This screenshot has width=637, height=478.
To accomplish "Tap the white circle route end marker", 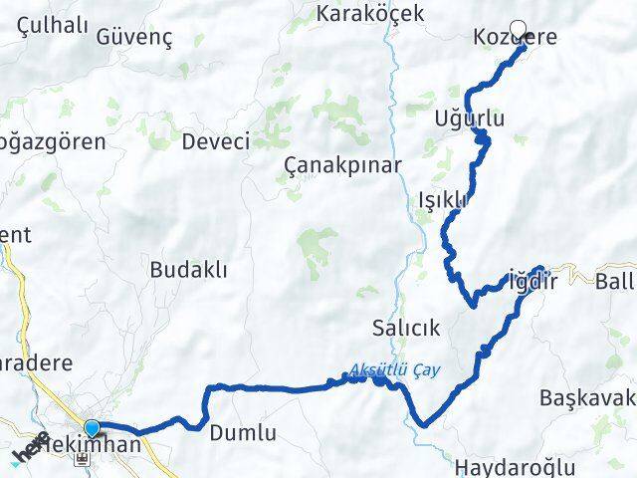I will [x=518, y=29].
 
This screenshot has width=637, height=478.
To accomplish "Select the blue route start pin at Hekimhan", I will [x=93, y=429].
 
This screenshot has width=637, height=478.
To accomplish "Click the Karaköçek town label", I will [x=369, y=13].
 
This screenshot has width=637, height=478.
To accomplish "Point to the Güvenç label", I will [x=135, y=38].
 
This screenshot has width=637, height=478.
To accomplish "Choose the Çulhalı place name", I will [x=47, y=27].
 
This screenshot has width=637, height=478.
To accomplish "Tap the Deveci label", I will [x=215, y=141].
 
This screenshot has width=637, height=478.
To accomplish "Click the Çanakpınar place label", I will [x=342, y=164].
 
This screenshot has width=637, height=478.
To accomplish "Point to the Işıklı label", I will [x=443, y=199].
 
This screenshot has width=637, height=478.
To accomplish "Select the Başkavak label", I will [x=587, y=398].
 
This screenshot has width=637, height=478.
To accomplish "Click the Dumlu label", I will [x=242, y=433].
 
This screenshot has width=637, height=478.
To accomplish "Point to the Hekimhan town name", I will [x=94, y=445].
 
